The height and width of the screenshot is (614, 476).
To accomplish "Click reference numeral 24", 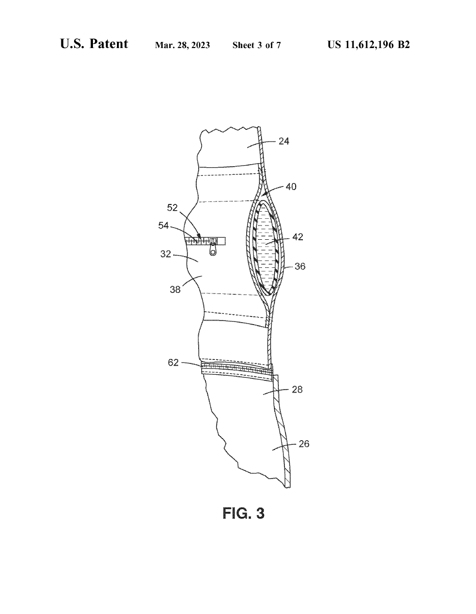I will tap(284, 141).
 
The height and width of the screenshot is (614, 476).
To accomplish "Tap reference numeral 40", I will tap(291, 187).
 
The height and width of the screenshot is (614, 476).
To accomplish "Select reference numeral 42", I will tap(297, 237).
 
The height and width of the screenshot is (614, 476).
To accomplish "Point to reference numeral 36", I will tap(300, 266).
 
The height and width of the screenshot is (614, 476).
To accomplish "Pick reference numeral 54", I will tap(163, 225).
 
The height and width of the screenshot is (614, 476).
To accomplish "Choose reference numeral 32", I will tap(165, 254).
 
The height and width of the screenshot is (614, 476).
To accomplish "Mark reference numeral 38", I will tap(176, 289).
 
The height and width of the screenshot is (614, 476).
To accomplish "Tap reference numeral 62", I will tap(173, 362).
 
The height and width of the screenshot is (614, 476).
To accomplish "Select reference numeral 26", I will tap(304, 444).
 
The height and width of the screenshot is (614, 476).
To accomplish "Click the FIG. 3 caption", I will tap(244, 513).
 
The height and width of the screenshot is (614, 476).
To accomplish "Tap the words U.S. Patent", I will tap(94, 44).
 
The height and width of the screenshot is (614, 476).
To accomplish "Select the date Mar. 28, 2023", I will tap(182, 45).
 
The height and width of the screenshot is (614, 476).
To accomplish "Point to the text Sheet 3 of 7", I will tap(256, 45).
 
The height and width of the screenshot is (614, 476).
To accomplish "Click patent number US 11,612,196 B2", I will tap(368, 44).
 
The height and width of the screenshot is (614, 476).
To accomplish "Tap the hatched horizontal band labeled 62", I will tap(235, 369).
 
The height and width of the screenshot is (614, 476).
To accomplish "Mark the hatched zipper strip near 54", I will tap(204, 240).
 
